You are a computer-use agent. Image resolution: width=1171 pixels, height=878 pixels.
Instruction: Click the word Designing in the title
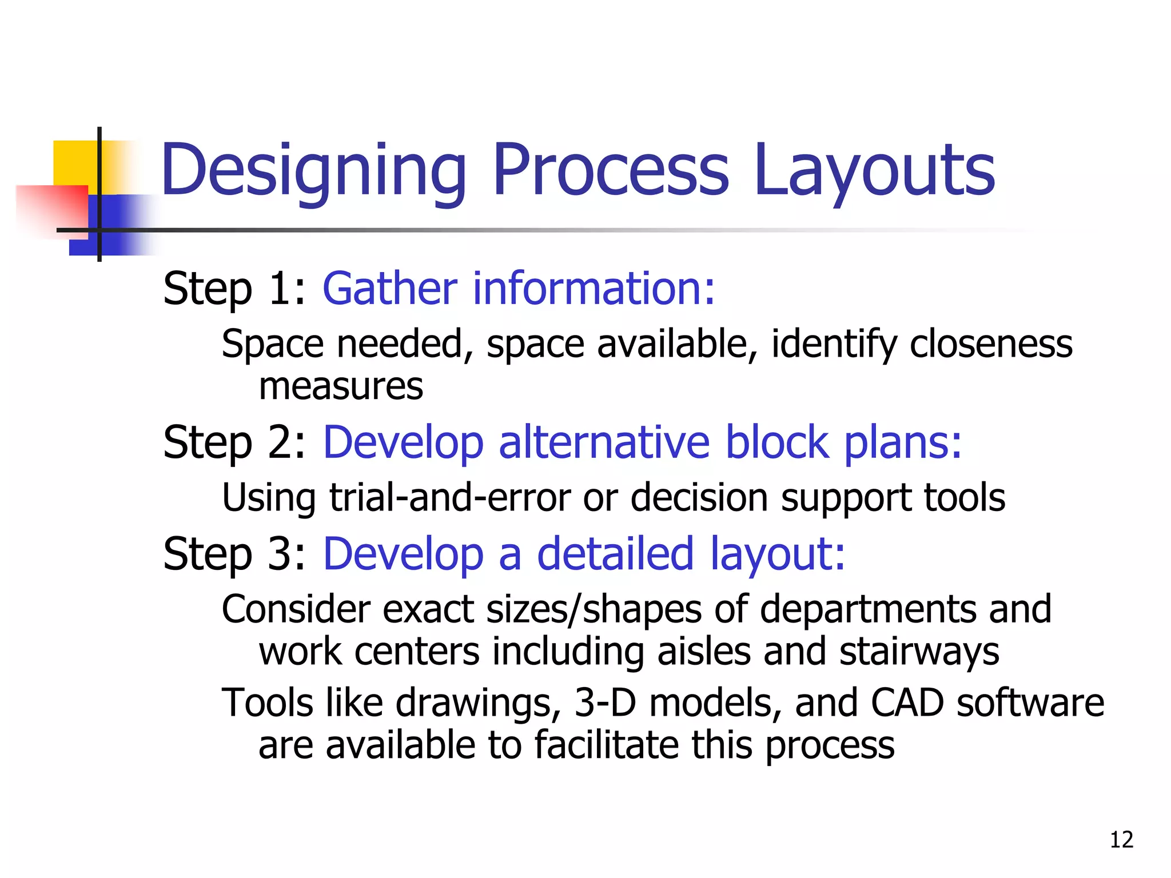coord(313,170)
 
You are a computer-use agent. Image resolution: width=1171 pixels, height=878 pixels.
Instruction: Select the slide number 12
coord(1121,840)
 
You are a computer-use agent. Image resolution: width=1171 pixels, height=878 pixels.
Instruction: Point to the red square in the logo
coord(51,209)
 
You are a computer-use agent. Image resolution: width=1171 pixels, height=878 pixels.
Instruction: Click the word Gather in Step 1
coord(390,288)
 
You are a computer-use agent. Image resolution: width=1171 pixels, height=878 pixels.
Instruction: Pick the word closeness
coord(990,344)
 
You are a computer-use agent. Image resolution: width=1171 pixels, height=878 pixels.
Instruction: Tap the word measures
coord(341,386)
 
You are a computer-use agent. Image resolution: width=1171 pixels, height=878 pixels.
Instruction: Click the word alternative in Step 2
coord(604,442)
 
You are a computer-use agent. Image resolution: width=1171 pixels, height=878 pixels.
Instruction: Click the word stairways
coord(919,652)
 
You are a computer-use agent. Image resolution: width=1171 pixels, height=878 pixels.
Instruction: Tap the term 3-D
coord(605,703)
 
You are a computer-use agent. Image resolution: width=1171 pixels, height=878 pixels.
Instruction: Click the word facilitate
coord(606,745)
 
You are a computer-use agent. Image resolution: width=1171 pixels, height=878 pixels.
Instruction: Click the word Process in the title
coord(611,170)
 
